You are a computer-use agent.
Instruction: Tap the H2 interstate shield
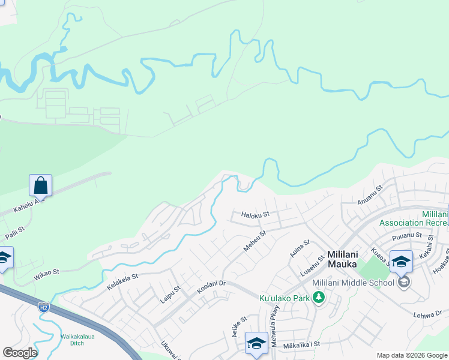point(43,307)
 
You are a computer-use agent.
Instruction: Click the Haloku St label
point(256,214)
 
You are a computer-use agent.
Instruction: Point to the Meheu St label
point(254,241)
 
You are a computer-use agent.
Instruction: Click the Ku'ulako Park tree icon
point(319,298)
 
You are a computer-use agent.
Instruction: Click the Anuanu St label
point(370,196)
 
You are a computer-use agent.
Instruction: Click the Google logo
point(20,353)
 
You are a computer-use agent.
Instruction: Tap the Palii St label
point(15,231)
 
